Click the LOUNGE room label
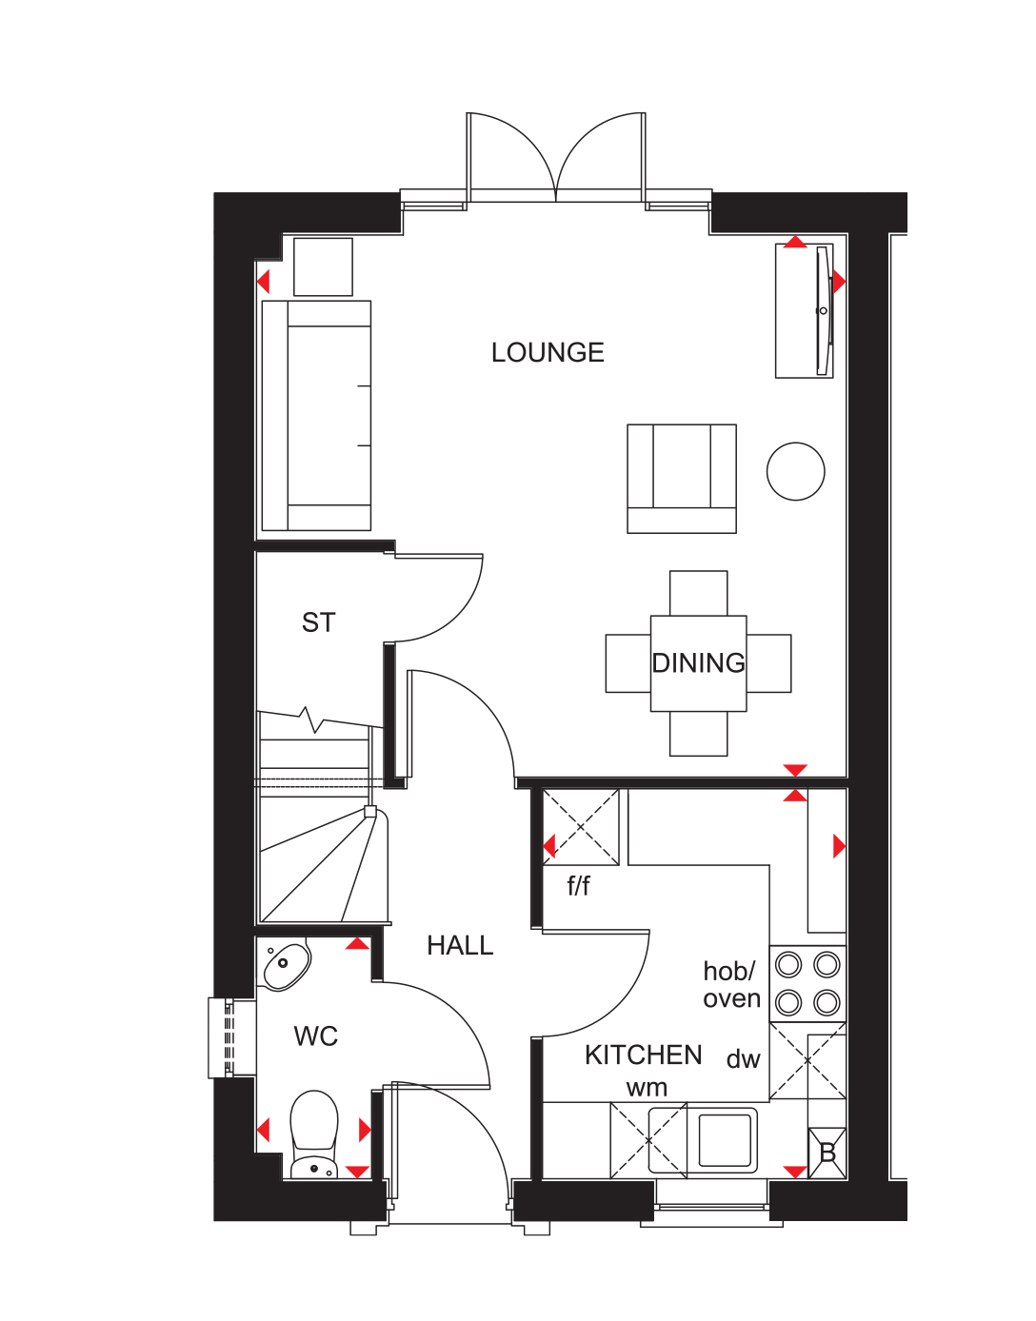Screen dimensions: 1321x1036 (548, 353)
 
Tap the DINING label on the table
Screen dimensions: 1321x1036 (698, 663)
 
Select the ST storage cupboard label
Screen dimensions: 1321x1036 (319, 623)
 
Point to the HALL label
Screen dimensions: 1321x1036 (460, 946)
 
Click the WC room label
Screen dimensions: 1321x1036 (316, 1036)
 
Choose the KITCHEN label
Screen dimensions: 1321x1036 (644, 1055)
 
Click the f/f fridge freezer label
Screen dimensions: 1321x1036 (578, 886)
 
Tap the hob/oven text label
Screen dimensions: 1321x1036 (731, 985)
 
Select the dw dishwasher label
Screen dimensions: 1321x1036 (744, 1060)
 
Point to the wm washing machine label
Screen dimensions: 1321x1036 (647, 1088)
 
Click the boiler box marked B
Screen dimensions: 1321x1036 (827, 1153)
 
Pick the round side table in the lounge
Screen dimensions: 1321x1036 (796, 471)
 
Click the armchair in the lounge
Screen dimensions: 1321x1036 (682, 478)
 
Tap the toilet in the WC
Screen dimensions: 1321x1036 (314, 1133)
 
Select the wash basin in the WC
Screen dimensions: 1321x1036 (286, 965)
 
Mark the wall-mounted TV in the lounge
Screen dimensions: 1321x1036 (823, 310)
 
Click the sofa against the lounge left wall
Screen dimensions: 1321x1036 (317, 416)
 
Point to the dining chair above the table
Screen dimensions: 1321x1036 (699, 593)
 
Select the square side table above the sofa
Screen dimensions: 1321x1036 (324, 267)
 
